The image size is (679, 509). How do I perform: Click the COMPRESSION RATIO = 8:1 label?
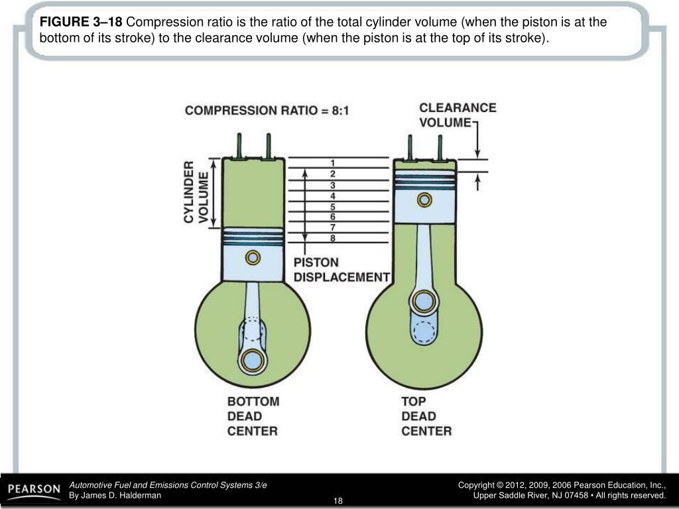pos(267,111)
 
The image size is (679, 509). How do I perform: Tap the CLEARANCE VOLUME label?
pos(458,115)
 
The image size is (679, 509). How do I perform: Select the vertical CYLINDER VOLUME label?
pos(196,192)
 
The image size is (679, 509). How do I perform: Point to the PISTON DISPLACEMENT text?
pos(341,270)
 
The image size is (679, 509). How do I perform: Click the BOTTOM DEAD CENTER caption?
pos(253,416)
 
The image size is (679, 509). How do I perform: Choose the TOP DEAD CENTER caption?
pos(426,416)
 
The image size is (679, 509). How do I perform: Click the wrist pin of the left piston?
pos(253,257)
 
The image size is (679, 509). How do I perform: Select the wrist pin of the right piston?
pos(424,199)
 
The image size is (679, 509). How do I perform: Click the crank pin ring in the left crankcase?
pos(253,360)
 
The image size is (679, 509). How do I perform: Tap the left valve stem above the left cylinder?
pos(238,146)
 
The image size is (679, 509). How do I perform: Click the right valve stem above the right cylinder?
pos(439,147)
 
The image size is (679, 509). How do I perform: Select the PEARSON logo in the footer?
pos(33,490)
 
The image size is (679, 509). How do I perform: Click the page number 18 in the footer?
pos(338,500)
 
